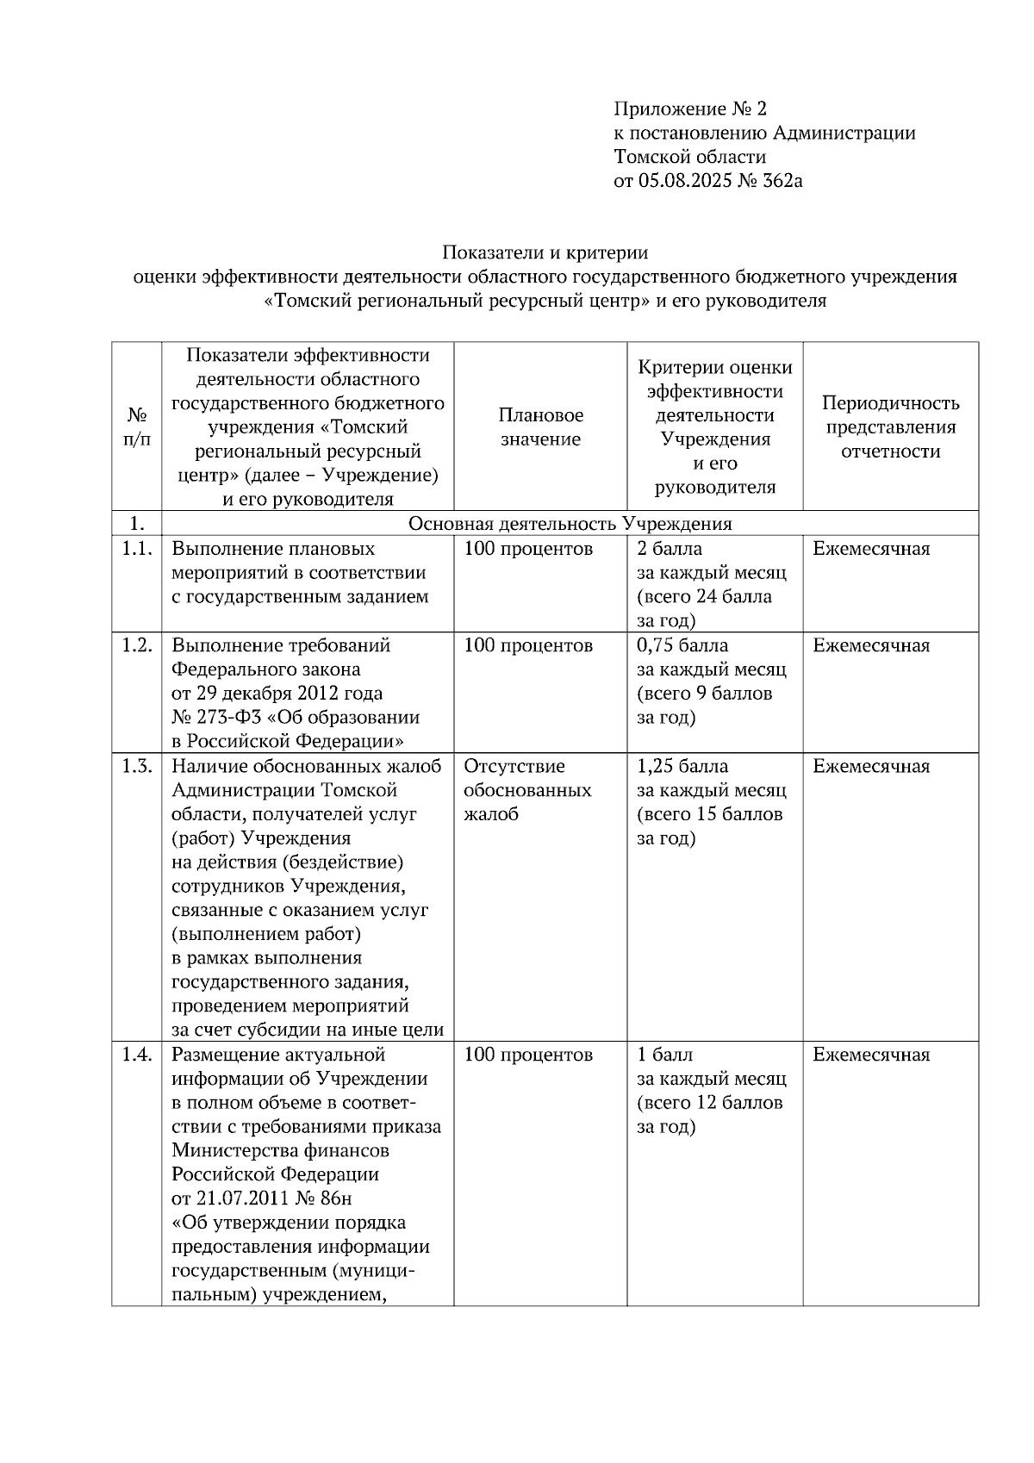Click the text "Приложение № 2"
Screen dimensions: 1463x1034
(x=689, y=109)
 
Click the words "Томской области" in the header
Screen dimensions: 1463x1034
(x=689, y=157)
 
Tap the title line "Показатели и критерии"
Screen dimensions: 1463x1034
(x=545, y=252)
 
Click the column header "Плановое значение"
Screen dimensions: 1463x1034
(x=540, y=427)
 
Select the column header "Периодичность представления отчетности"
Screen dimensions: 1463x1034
(x=890, y=427)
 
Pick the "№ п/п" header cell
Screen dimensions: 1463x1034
(x=136, y=427)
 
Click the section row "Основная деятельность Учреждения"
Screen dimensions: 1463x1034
(x=570, y=524)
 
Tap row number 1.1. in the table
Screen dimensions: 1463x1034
(x=136, y=549)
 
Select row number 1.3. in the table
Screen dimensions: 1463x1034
(x=136, y=766)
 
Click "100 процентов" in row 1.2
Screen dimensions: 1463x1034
(x=528, y=645)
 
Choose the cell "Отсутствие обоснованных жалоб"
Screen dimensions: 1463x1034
(x=527, y=790)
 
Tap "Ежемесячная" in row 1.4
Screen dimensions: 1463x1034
(x=871, y=1055)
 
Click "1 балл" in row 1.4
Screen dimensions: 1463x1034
(x=665, y=1055)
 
